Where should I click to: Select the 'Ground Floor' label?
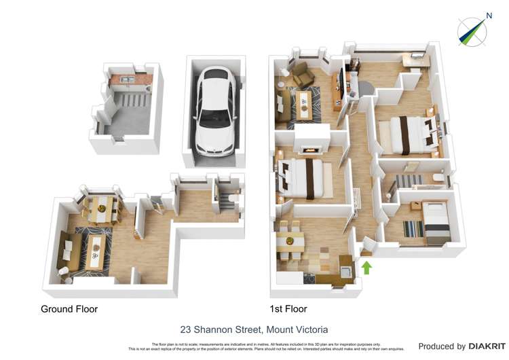tap(69, 309)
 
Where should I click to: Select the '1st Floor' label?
tap(288, 309)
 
